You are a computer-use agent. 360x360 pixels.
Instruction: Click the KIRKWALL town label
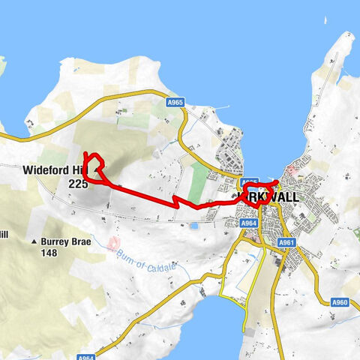tap(268, 197)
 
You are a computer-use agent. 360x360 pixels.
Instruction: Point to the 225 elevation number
tap(78, 182)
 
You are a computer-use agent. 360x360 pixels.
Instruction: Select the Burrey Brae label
tap(70, 241)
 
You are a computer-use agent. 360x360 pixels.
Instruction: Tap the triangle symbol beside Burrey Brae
tap(34, 242)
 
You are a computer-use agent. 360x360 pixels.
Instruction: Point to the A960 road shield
tap(341, 302)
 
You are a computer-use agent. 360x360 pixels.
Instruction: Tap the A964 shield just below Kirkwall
tap(249, 223)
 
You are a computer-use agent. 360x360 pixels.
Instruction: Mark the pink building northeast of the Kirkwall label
tap(292, 173)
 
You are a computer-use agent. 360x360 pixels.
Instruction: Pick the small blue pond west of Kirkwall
tap(193, 224)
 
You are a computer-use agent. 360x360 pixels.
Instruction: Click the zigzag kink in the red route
tap(175, 201)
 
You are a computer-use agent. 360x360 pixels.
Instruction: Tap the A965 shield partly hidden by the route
tap(250, 183)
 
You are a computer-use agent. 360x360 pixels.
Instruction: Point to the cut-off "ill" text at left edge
tap(3, 234)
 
